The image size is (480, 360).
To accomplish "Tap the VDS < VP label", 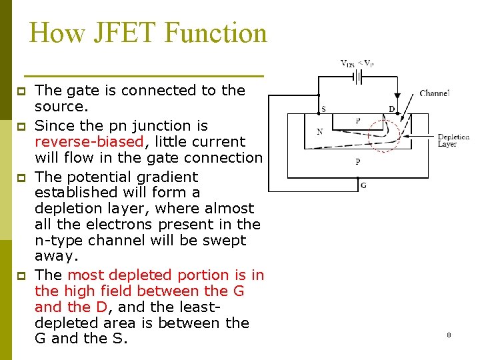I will (357, 64).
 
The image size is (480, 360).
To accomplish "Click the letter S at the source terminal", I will (324, 109).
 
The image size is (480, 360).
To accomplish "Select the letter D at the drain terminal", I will (391, 109).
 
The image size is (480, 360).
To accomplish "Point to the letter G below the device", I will (363, 185).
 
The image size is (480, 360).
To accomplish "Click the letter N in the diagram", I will (320, 131).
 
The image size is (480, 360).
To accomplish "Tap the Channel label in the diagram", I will (435, 93).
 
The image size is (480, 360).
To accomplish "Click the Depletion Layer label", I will (453, 141).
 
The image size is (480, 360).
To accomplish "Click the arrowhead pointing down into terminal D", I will (397, 98).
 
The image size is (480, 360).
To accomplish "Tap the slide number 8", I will (449, 335).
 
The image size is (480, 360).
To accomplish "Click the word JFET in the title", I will (136, 33).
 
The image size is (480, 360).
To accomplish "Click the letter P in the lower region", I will (357, 161).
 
